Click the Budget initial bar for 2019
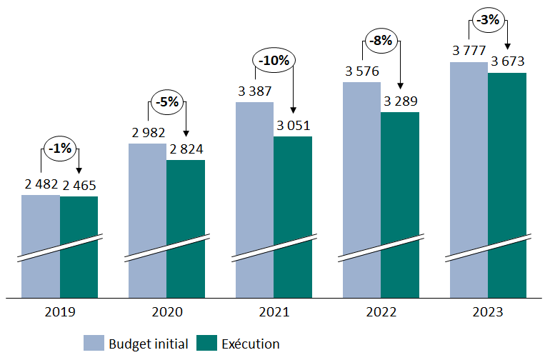[x=41, y=246]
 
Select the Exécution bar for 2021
[x=293, y=214]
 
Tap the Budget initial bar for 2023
[x=469, y=179]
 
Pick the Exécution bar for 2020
[x=186, y=229]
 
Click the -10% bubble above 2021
[x=274, y=61]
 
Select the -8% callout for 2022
[x=381, y=41]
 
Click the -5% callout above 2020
[x=166, y=102]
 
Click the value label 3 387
[x=255, y=91]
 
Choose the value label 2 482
[x=41, y=185]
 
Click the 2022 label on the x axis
[x=381, y=312]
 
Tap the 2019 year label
[x=60, y=312]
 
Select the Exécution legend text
[x=251, y=344]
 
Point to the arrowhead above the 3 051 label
[x=293, y=113]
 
